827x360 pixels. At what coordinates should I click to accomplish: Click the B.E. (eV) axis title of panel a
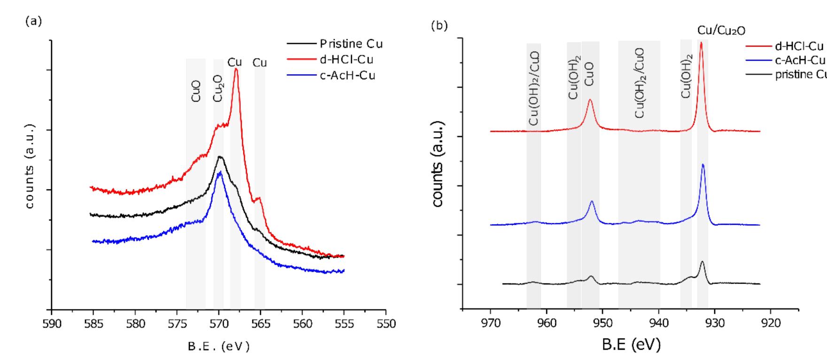pyautogui.click(x=219, y=347)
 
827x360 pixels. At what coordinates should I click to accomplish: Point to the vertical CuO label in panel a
pyautogui.click(x=196, y=91)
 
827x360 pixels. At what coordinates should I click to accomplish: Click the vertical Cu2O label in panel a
pyautogui.click(x=218, y=89)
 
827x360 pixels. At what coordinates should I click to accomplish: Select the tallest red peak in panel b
pyautogui.click(x=701, y=43)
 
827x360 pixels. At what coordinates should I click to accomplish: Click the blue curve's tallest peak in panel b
pyautogui.click(x=703, y=165)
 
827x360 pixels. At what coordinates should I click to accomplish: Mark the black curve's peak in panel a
pyautogui.click(x=220, y=157)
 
